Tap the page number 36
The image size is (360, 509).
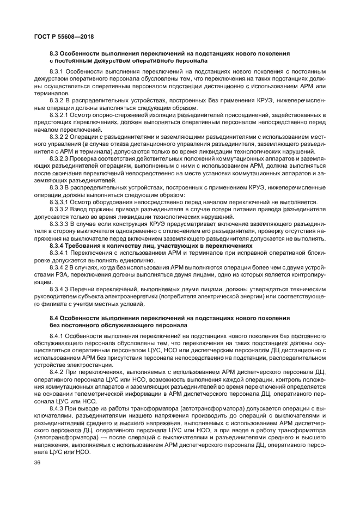37,462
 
